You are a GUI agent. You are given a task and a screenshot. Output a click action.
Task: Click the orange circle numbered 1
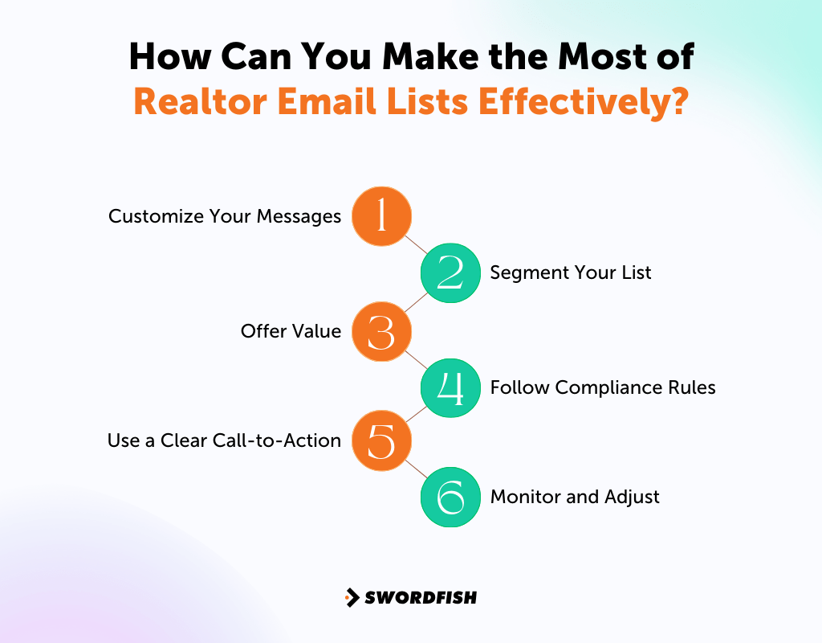382,216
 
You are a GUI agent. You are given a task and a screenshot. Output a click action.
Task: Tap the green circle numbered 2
450,272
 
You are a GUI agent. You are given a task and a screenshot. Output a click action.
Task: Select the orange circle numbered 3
382,331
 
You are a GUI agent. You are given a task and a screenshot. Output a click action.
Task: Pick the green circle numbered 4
450,387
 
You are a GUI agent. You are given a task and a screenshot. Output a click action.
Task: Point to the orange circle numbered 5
382,440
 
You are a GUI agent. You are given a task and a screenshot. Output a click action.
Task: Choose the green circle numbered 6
450,497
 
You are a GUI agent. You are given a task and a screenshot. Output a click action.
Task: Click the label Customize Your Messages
225,216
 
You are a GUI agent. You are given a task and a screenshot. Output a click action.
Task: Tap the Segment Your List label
571,272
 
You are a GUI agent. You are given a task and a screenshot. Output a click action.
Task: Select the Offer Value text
291,331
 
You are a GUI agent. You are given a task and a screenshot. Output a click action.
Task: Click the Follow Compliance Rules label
603,387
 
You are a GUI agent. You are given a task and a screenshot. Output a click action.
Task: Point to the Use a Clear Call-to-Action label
224,440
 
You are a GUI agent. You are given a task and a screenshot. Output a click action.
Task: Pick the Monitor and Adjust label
575,497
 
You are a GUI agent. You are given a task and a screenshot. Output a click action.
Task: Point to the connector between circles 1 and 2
416,244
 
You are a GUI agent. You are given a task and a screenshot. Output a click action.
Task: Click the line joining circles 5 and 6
416,469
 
